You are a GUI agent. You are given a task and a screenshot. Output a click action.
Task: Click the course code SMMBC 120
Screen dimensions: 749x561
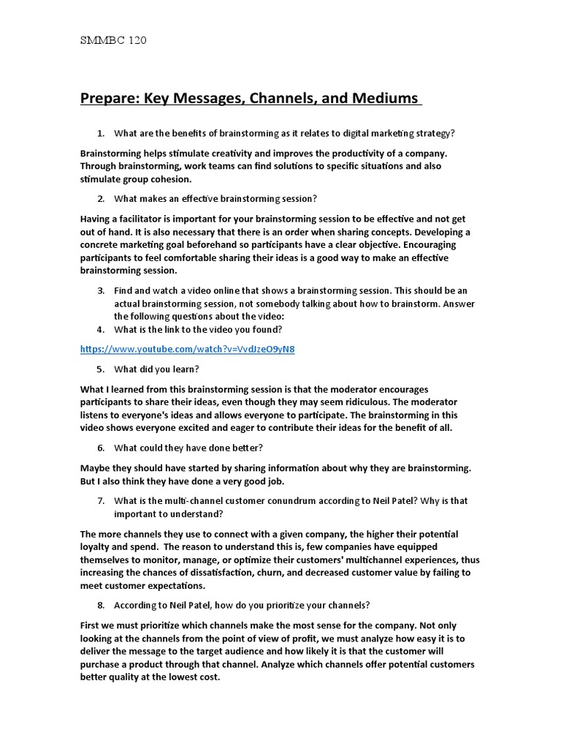tap(113, 41)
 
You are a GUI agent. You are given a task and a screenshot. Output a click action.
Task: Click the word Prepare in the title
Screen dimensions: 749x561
tap(108, 98)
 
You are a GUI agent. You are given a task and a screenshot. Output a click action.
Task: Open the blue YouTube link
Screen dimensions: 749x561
tap(188, 349)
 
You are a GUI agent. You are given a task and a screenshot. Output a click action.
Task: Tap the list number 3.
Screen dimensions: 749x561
tap(101, 290)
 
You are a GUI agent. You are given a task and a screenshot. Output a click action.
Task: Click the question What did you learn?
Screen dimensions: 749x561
tap(156, 369)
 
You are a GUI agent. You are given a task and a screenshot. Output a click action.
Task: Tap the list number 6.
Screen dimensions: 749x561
tap(101, 448)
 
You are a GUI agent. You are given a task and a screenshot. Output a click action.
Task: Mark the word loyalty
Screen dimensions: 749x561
tap(96, 546)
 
